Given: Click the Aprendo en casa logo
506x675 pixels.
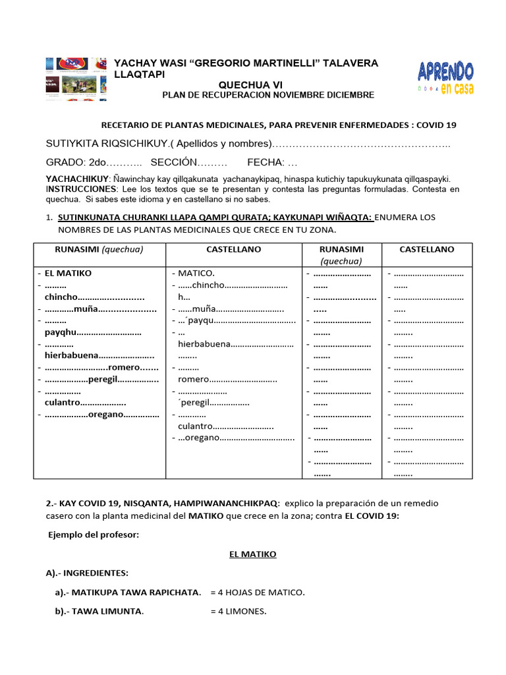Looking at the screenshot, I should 445,78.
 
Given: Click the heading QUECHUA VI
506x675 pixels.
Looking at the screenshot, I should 249,84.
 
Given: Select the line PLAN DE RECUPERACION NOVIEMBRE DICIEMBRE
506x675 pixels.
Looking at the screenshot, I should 268,95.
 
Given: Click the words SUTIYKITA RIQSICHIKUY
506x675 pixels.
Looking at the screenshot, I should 98,144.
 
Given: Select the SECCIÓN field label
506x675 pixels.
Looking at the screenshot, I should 174,162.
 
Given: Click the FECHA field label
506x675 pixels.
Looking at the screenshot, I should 266,162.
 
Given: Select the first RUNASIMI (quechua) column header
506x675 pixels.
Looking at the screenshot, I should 99,249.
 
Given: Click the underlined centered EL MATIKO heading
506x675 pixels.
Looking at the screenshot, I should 252,554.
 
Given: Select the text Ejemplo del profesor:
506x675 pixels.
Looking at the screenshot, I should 93,535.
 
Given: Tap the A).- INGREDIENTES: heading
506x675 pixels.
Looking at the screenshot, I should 87,573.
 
